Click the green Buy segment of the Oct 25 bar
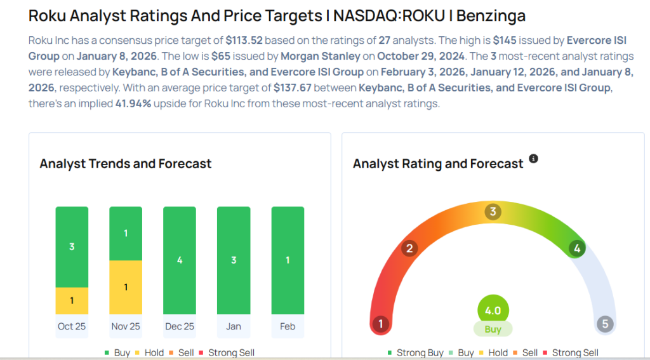(x=72, y=246)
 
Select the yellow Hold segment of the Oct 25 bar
(x=72, y=300)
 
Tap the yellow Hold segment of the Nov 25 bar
(x=126, y=287)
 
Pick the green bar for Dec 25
(x=180, y=260)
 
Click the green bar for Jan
(x=234, y=260)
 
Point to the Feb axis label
(x=288, y=326)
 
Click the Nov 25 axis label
(x=126, y=326)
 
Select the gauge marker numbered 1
(x=380, y=324)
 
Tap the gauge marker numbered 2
(x=409, y=248)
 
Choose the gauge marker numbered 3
(x=493, y=212)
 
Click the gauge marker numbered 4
(x=576, y=248)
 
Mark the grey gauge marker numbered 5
(x=605, y=324)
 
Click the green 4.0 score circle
(x=493, y=310)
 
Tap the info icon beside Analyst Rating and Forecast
(x=533, y=159)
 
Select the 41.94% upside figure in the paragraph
(x=133, y=103)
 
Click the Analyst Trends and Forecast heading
(x=126, y=164)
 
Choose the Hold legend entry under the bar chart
(x=150, y=352)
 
